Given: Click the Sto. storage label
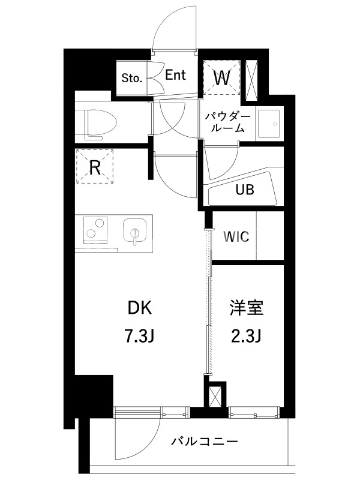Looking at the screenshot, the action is [132, 78].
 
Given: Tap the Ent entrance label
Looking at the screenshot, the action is [175, 75].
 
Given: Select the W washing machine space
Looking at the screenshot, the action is [221, 78].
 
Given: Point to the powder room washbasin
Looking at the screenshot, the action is [269, 124].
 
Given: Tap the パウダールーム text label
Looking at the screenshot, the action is [228, 122].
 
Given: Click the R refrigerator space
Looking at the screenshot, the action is [95, 166].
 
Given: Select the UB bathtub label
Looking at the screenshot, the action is [245, 190].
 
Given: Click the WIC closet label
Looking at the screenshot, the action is [236, 236].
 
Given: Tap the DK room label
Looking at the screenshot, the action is [140, 308].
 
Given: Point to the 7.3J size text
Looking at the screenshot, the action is [140, 337].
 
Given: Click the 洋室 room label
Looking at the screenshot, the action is [247, 308].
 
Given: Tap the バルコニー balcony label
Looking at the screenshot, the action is [204, 442].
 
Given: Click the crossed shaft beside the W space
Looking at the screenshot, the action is [252, 80].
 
